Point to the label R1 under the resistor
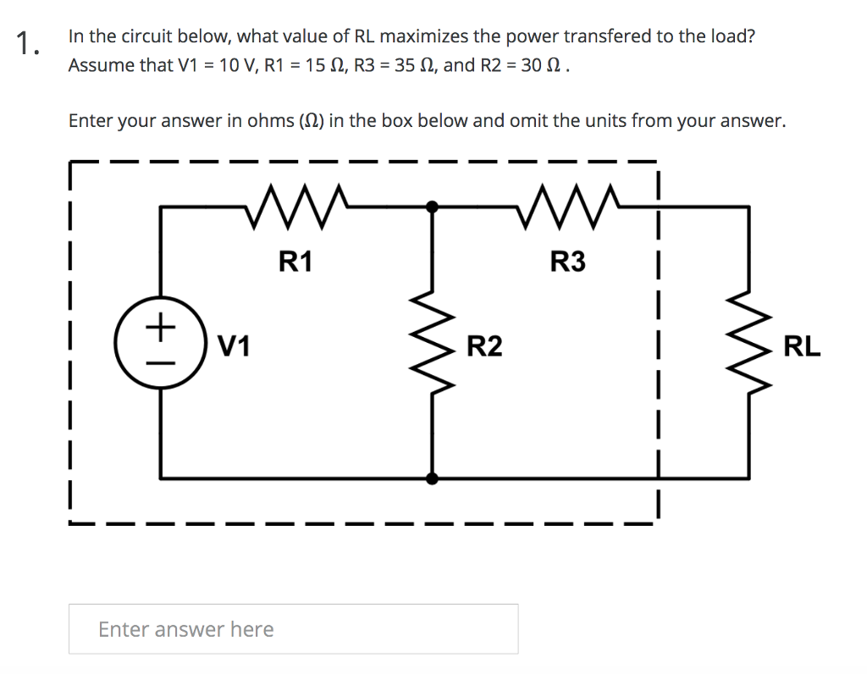pos(295,262)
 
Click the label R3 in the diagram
pos(567,262)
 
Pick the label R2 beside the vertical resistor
pos(484,346)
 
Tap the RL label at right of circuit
pos(802,346)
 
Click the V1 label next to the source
pos(234,346)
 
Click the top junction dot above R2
pos(433,206)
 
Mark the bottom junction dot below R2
pos(433,478)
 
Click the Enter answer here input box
pos(293,629)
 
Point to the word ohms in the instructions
pos(270,120)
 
